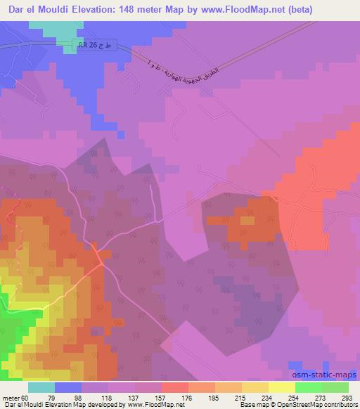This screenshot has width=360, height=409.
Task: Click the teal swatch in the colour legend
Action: pos(41,387)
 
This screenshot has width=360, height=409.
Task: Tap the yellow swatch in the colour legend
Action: pos(282,387)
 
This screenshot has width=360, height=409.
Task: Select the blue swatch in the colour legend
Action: pos(68,387)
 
